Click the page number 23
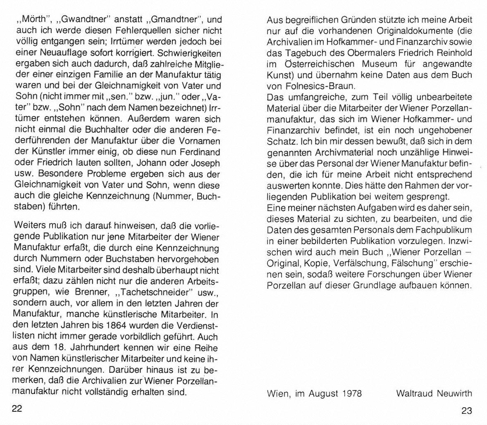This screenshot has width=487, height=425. pyautogui.click(x=466, y=411)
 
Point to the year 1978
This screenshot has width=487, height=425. pyautogui.click(x=352, y=393)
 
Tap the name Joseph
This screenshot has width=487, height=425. pyautogui.click(x=205, y=163)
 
